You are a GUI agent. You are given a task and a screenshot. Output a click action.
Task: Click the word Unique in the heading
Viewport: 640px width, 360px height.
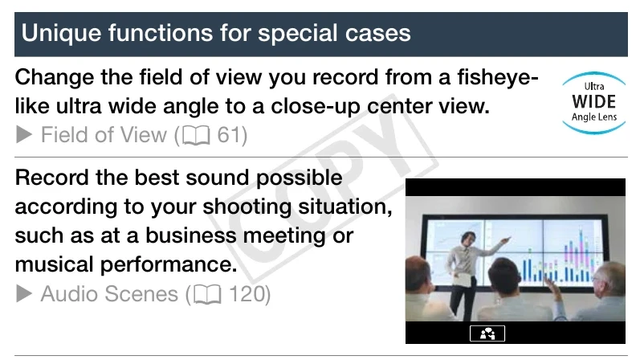pyautogui.click(x=61, y=34)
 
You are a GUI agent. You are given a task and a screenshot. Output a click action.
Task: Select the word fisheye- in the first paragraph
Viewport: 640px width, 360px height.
pyautogui.click(x=498, y=78)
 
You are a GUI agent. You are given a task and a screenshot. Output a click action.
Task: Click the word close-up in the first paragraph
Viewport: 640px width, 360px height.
pyautogui.click(x=315, y=107)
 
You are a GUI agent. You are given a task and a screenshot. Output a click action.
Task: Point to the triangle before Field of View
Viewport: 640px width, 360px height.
pyautogui.click(x=24, y=134)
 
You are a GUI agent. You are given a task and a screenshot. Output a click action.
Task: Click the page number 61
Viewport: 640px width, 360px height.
pyautogui.click(x=227, y=135)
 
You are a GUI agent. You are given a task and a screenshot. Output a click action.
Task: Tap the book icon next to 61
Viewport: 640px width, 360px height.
pyautogui.click(x=196, y=135)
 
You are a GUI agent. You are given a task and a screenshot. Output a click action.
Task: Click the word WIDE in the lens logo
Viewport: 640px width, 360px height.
pyautogui.click(x=594, y=102)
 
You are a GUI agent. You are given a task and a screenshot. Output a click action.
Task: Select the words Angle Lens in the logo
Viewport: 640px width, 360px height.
pyautogui.click(x=594, y=117)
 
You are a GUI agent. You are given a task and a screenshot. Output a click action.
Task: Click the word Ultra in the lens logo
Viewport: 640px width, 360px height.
pyautogui.click(x=594, y=86)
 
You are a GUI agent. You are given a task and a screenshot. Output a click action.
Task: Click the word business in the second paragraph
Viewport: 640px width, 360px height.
pyautogui.click(x=190, y=235)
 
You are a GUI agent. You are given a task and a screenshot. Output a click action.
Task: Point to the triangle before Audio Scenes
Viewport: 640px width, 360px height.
pyautogui.click(x=24, y=293)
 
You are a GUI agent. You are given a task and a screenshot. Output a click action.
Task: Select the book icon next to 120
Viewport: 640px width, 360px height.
pyautogui.click(x=207, y=295)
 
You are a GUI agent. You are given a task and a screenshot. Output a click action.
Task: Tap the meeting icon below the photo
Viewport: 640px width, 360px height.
pyautogui.click(x=487, y=333)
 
